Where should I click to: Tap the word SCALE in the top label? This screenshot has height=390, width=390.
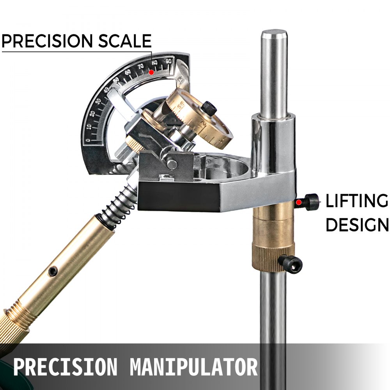click(126, 41)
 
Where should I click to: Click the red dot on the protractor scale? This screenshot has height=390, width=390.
click(151, 72)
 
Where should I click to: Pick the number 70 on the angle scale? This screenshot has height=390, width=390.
click(140, 67)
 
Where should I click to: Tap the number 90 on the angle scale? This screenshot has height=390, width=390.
click(168, 61)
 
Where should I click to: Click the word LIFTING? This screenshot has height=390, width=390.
click(357, 201)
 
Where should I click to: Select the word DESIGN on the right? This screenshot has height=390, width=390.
click(357, 225)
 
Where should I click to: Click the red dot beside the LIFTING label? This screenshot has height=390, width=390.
click(298, 202)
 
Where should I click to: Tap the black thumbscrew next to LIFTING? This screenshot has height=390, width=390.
click(311, 202)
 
